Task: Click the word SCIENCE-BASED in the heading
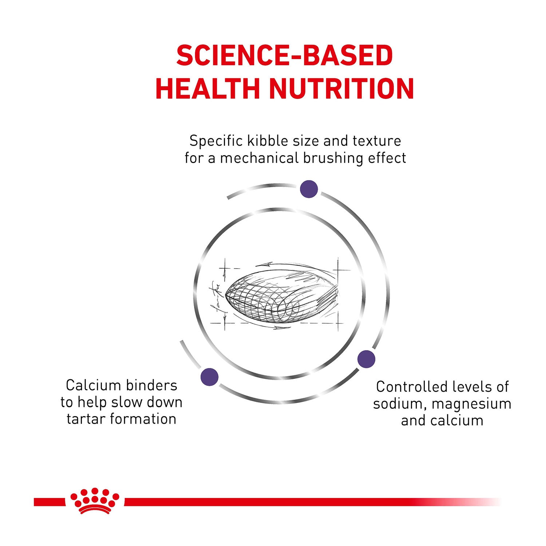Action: click(x=285, y=56)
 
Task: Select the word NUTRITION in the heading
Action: click(x=341, y=88)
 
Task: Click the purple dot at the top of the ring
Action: click(x=309, y=189)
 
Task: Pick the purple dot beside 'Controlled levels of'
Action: click(x=366, y=359)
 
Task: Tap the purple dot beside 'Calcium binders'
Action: click(x=209, y=377)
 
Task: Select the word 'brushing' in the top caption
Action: click(x=333, y=158)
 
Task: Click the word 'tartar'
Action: click(x=86, y=419)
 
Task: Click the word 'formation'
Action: click(x=143, y=419)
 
